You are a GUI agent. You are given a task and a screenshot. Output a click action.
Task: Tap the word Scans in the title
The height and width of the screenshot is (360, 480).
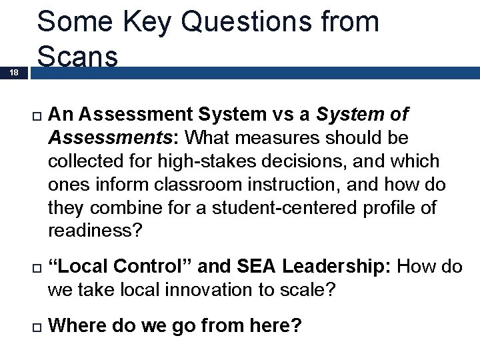coord(78,56)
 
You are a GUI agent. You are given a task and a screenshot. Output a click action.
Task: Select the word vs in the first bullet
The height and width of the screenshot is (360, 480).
coord(283,115)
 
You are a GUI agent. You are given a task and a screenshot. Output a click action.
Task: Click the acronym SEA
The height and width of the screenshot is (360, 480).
coord(256,267)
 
